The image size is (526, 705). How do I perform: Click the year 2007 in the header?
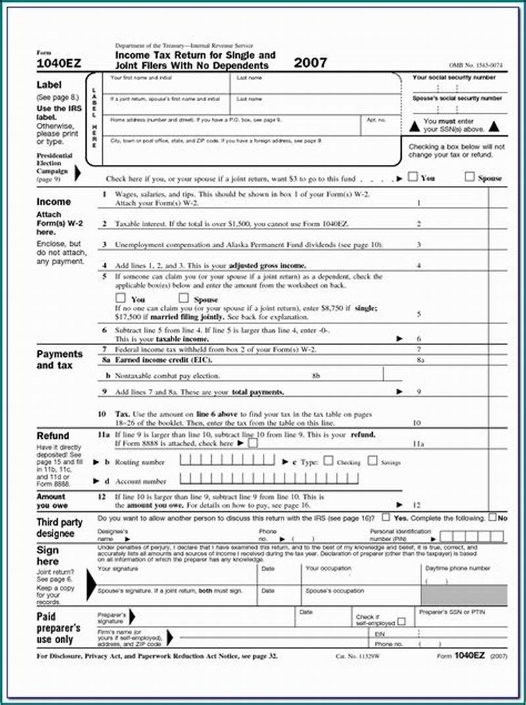[310, 63]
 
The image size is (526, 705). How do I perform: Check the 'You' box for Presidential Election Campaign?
[412, 177]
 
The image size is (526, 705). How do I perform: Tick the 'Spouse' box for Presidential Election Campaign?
[469, 177]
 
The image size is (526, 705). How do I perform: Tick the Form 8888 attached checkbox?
[253, 443]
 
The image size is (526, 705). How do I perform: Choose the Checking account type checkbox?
[328, 461]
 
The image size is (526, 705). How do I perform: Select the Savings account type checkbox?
[372, 461]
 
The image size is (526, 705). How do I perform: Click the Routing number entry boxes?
[227, 461]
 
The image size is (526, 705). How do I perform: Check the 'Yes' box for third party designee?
[386, 518]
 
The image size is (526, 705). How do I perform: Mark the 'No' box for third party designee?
[492, 518]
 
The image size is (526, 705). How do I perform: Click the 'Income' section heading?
[53, 202]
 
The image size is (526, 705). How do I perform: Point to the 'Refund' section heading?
[53, 436]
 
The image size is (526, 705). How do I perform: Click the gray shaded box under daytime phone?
[464, 595]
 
